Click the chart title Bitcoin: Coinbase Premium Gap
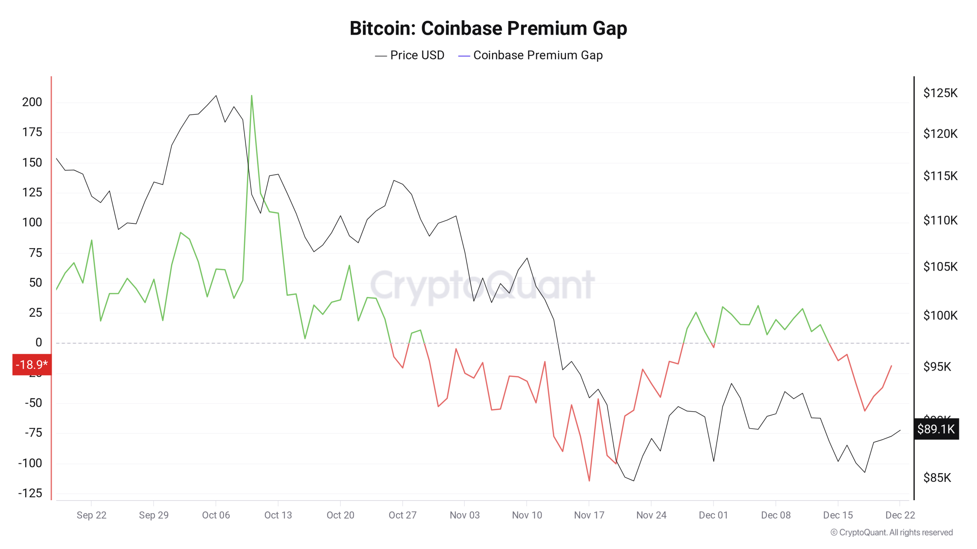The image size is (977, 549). [488, 29]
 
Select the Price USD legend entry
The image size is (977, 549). [410, 55]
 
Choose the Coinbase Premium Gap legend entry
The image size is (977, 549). [530, 55]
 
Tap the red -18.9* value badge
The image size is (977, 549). [32, 364]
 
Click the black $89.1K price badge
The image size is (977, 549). [936, 429]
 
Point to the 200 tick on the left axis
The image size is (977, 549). [32, 102]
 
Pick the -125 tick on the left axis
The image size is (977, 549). [30, 493]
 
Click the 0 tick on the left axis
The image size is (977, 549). [39, 342]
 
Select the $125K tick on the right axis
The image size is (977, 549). [940, 93]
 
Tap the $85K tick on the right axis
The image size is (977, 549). [937, 477]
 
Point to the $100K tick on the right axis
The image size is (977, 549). [940, 315]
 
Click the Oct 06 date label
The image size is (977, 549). [216, 515]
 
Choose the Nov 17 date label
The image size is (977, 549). [589, 515]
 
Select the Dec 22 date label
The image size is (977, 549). [900, 515]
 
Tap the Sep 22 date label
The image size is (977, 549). [91, 515]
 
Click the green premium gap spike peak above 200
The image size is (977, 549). [252, 96]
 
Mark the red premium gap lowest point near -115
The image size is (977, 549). [589, 480]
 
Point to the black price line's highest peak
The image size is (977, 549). [216, 96]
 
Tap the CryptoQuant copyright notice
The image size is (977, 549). [892, 532]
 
